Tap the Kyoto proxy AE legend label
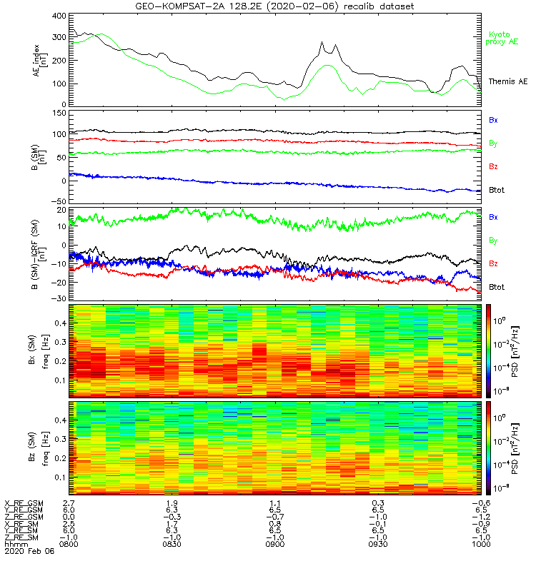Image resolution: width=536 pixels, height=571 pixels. (503, 38)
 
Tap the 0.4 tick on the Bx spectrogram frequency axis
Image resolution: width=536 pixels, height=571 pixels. (59, 323)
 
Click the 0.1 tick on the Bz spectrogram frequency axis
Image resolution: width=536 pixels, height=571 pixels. (59, 477)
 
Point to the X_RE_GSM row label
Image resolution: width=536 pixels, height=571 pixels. (24, 503)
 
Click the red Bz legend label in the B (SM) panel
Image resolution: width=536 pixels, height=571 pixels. (493, 166)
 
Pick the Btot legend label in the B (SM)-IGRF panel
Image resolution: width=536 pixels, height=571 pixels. (496, 286)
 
